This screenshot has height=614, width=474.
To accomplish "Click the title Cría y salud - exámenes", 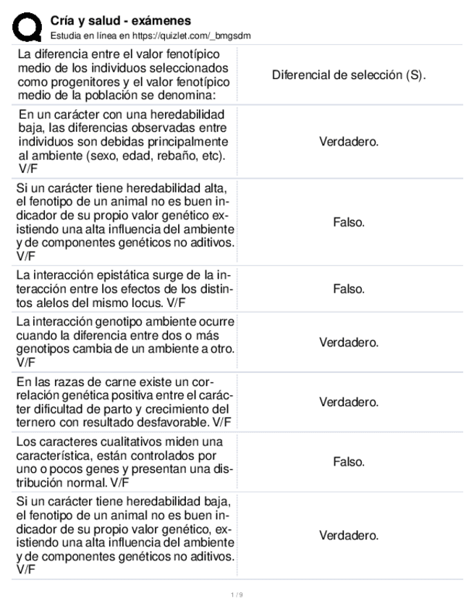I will coord(126,21).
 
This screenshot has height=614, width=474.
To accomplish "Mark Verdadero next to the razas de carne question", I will coord(349,402).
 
